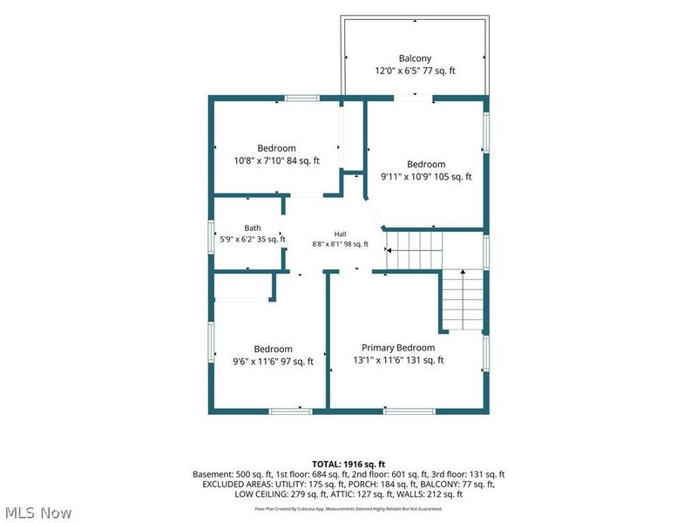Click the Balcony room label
point(415,58)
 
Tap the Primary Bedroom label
point(398,348)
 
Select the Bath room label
point(253,228)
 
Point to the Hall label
point(340,234)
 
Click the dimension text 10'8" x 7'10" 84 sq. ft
point(276,161)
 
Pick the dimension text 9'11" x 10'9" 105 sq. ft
point(426,177)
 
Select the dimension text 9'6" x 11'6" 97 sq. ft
point(273,362)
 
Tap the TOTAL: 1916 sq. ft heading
point(348,465)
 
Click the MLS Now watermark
point(38,513)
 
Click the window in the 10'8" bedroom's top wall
point(301,98)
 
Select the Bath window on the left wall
point(212,237)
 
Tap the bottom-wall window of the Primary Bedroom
point(409,411)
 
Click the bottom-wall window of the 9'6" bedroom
point(291,411)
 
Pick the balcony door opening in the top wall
point(413,98)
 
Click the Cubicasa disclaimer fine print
point(348,509)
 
